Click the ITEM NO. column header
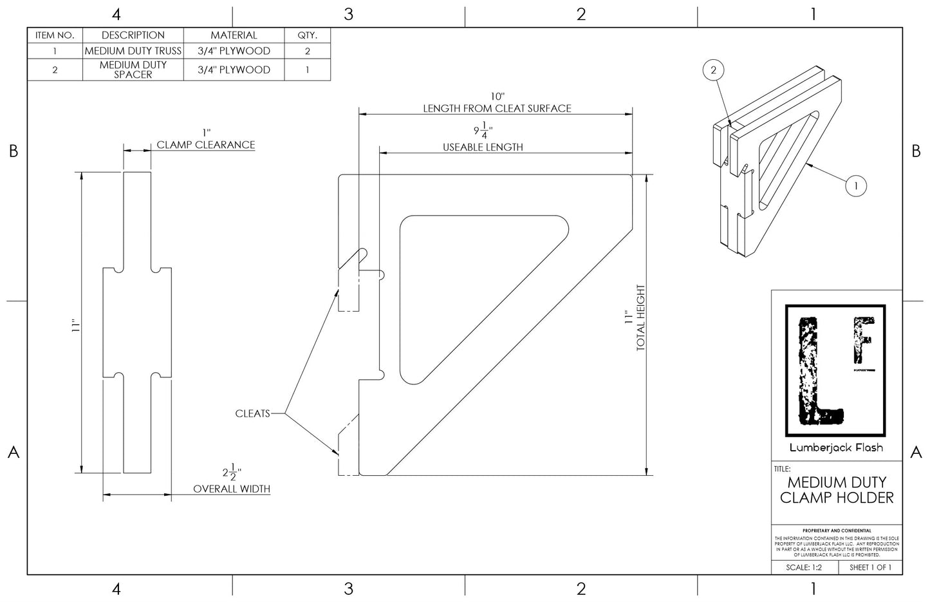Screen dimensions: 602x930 pyautogui.click(x=55, y=35)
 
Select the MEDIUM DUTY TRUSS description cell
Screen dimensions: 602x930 pyautogui.click(x=133, y=51)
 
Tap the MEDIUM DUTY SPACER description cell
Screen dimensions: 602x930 pyautogui.click(x=133, y=70)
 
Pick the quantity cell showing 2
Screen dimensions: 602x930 pyautogui.click(x=307, y=51)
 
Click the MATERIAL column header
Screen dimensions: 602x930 pyautogui.click(x=234, y=35)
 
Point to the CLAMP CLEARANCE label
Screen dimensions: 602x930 pyautogui.click(x=206, y=145)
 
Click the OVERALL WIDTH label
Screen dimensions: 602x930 pyautogui.click(x=232, y=489)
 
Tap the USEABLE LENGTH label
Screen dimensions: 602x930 pyautogui.click(x=483, y=147)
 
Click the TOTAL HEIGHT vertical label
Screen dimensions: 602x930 pyautogui.click(x=640, y=318)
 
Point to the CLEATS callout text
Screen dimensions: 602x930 pyautogui.click(x=252, y=413)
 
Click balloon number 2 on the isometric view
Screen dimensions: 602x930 pyautogui.click(x=713, y=70)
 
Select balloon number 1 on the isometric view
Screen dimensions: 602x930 pyautogui.click(x=855, y=186)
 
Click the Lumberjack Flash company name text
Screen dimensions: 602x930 pyautogui.click(x=836, y=447)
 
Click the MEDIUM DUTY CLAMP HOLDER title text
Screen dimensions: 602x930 pyautogui.click(x=837, y=490)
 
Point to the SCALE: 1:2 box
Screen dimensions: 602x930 pyautogui.click(x=804, y=568)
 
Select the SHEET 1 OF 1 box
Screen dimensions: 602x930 pyautogui.click(x=870, y=568)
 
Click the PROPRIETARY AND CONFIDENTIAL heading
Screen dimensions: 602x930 pyautogui.click(x=837, y=531)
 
